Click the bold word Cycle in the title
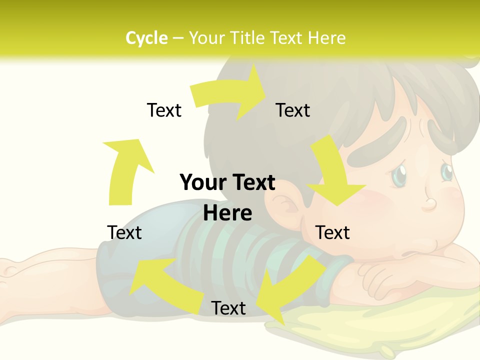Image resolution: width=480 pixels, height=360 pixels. tap(146, 38)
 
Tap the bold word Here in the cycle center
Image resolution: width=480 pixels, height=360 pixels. tap(227, 213)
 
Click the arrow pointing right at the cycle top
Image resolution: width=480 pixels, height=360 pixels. tap(230, 95)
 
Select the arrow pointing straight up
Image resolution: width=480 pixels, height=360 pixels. tap(125, 170)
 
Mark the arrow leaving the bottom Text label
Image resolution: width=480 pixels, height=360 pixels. tap(160, 280)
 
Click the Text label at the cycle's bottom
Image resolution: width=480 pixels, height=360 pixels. tap(228, 308)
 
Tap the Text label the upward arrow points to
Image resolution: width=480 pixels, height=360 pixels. tap(164, 110)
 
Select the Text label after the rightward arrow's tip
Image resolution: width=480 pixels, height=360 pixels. tap(293, 110)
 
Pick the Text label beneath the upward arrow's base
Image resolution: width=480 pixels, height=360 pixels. tap(124, 232)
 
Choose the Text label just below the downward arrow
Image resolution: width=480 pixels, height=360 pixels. tap(332, 232)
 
